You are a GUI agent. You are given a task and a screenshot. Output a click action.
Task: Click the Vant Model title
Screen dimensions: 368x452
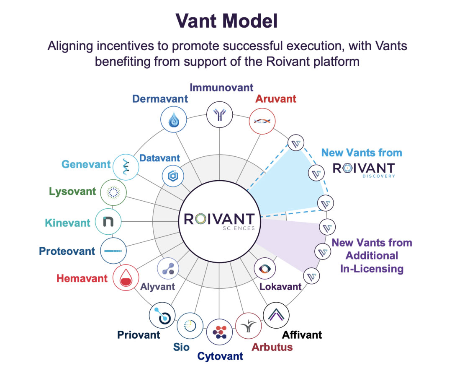(226, 21)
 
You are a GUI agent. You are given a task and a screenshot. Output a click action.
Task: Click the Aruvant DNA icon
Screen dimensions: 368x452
(262, 121)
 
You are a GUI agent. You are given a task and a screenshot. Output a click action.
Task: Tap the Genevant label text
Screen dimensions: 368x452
(86, 164)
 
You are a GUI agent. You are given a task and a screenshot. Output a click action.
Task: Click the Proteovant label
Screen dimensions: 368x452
(67, 251)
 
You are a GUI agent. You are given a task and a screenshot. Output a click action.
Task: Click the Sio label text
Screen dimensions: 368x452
(181, 347)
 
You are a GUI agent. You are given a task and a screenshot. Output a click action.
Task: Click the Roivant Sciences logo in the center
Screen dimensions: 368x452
(219, 221)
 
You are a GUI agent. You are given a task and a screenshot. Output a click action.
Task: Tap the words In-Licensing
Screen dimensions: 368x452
(372, 269)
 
